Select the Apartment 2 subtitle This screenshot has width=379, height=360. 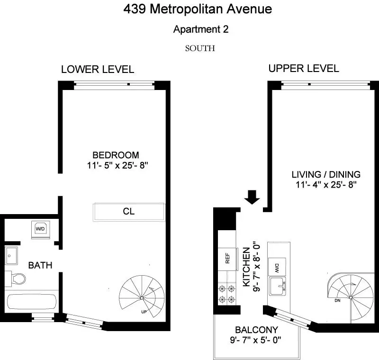tap(201, 29)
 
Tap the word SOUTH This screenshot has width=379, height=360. tap(201, 48)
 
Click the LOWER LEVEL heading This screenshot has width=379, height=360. tap(98, 70)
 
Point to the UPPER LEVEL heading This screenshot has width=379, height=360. tap(304, 68)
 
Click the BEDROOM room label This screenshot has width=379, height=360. tap(116, 155)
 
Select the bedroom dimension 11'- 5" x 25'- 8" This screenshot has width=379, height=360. tap(116, 165)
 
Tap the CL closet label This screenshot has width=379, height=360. tap(128, 211)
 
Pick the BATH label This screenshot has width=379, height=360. tap(40, 265)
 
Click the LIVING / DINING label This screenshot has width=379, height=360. tap(326, 174)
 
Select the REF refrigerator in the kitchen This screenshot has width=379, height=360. tap(227, 259)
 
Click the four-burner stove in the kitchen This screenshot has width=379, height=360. tap(226, 294)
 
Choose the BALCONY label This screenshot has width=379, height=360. tap(256, 330)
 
